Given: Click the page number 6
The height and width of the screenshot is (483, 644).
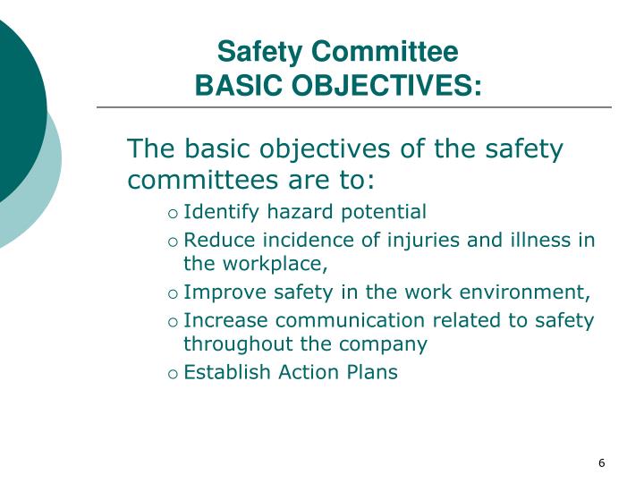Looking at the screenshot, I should (x=602, y=462).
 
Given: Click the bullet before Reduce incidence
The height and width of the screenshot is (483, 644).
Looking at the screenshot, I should (x=173, y=241).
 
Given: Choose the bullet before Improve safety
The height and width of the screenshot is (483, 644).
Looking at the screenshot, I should (x=173, y=293).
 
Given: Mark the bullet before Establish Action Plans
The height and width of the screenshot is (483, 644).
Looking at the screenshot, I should (x=173, y=373).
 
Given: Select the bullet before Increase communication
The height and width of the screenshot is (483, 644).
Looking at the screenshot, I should (x=173, y=321).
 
